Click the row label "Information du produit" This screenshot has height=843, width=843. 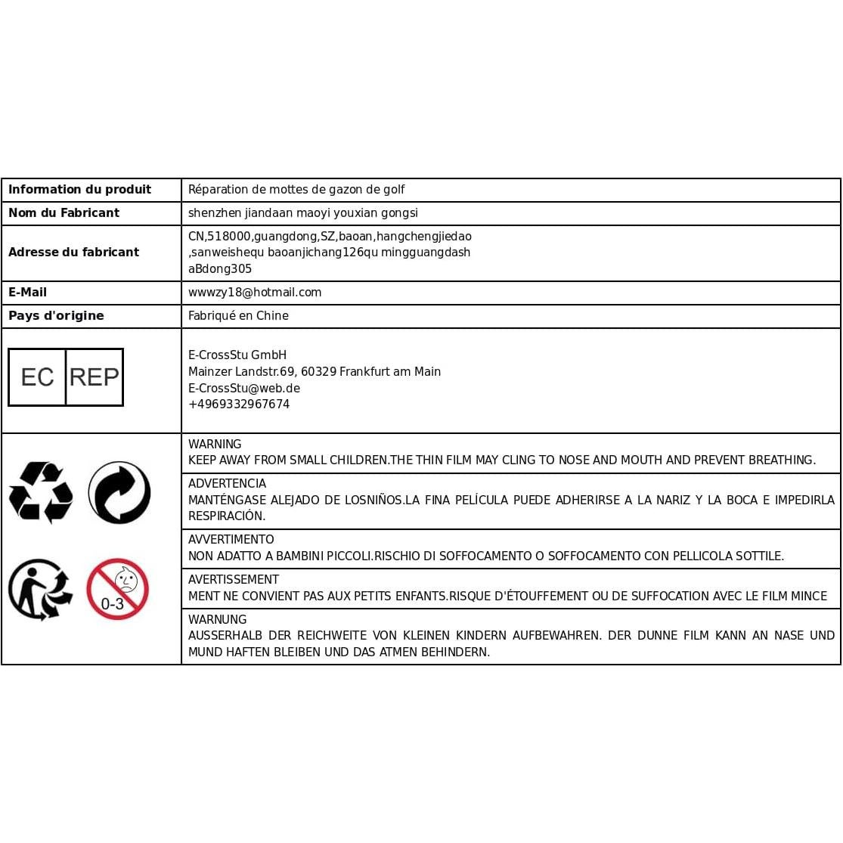click(79, 190)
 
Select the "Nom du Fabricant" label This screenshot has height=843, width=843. click(64, 213)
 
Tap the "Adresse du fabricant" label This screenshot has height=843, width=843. click(73, 253)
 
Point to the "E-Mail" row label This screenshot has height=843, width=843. click(27, 293)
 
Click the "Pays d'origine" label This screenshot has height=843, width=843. click(56, 316)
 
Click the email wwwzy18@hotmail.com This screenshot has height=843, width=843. click(255, 293)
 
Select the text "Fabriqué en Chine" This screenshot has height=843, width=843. click(238, 316)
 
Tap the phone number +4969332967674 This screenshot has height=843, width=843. click(239, 404)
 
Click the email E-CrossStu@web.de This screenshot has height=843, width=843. click(244, 389)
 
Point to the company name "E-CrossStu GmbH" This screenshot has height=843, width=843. click(237, 355)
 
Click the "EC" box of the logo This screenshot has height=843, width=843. click(37, 377)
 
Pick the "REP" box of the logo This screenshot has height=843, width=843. click(95, 377)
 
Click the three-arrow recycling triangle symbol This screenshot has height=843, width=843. click(41, 492)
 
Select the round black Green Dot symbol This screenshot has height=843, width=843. click(119, 493)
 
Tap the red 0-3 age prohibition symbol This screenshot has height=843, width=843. click(117, 589)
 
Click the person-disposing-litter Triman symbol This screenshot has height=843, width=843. click(40, 590)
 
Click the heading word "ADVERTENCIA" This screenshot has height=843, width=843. click(227, 484)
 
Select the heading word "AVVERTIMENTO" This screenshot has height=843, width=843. click(231, 540)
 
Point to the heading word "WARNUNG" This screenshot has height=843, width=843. click(217, 620)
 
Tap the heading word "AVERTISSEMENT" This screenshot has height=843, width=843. click(234, 580)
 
